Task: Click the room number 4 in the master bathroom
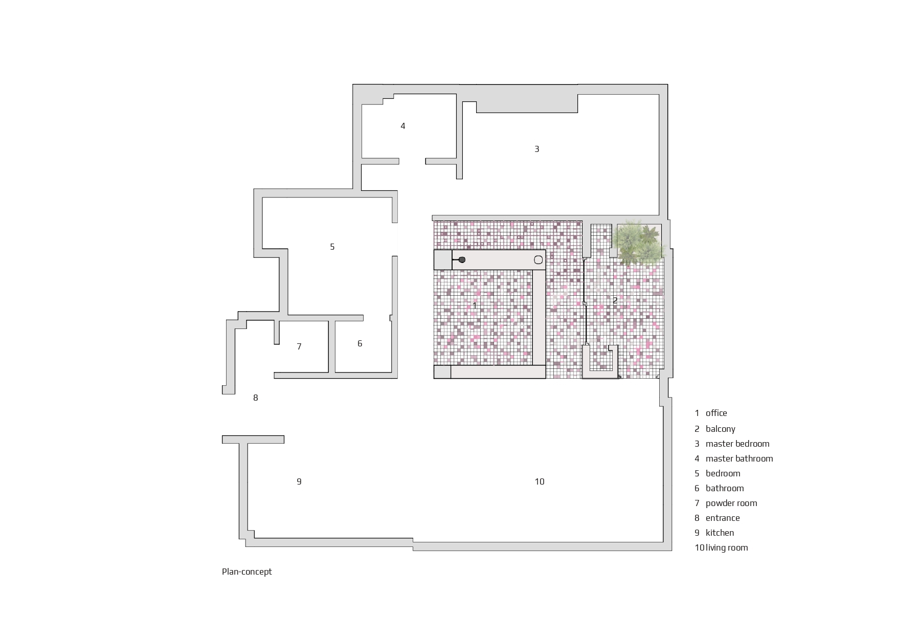403,126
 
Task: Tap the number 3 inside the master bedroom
536,149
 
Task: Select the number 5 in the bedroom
332,247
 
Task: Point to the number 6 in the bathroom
360,343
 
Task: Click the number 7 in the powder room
299,346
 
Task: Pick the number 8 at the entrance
256,398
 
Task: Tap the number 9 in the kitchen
299,481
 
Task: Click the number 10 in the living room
540,481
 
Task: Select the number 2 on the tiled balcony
615,301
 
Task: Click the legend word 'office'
716,413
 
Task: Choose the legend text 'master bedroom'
737,444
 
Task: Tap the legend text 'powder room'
731,503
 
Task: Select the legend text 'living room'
727,548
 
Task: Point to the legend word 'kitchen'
720,533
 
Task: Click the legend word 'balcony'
721,429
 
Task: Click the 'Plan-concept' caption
246,572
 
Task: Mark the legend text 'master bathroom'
739,458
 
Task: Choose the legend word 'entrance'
723,518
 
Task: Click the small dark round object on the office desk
462,260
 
